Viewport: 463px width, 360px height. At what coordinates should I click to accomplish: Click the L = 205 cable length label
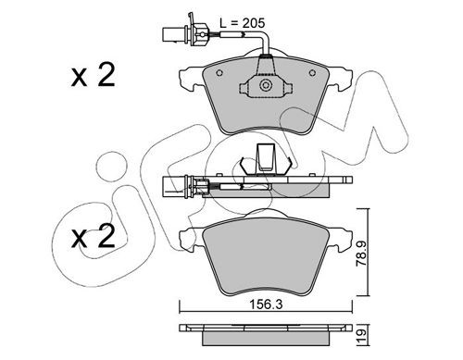tap(243, 23)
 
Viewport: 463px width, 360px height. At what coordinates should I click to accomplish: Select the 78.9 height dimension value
tap(361, 254)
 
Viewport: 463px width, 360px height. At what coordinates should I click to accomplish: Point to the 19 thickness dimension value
tap(361, 333)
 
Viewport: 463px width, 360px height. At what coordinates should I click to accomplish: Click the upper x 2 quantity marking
tap(94, 74)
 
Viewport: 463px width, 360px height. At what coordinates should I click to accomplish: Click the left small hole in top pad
tap(219, 73)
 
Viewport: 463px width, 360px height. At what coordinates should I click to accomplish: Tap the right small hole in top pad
tap(312, 73)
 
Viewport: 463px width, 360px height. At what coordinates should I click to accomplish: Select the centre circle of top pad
tap(266, 85)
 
